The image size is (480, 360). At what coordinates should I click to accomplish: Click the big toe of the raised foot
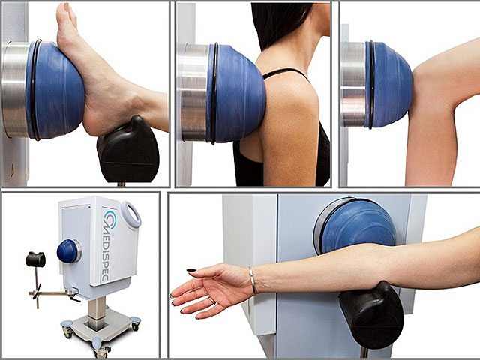tap(64, 12)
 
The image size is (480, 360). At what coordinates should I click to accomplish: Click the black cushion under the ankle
tap(128, 149)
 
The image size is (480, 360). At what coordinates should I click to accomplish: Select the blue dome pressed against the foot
tap(55, 90)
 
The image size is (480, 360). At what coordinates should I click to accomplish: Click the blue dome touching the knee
tap(388, 85)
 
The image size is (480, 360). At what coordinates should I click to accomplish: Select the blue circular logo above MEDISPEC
tap(110, 219)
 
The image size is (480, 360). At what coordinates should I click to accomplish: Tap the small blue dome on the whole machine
tap(67, 251)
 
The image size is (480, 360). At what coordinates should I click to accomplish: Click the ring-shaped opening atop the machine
tap(130, 214)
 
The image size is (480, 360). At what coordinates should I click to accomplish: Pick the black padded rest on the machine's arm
tap(35, 259)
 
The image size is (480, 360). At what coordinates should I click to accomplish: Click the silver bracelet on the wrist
tap(253, 280)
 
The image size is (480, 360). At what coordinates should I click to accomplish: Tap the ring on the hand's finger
tap(211, 300)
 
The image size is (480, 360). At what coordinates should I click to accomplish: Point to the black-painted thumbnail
tap(191, 270)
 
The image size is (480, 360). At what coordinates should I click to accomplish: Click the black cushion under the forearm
tap(370, 315)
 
